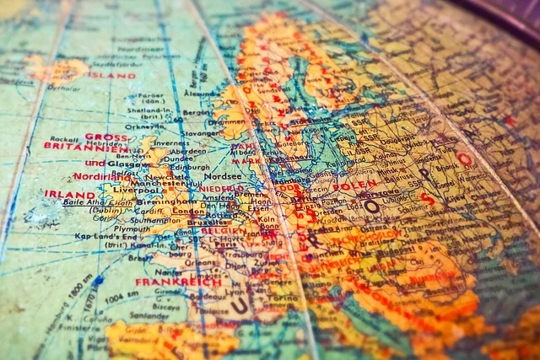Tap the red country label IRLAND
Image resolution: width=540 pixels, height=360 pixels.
[69, 194]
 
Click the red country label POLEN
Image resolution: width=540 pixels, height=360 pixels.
[354, 185]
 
